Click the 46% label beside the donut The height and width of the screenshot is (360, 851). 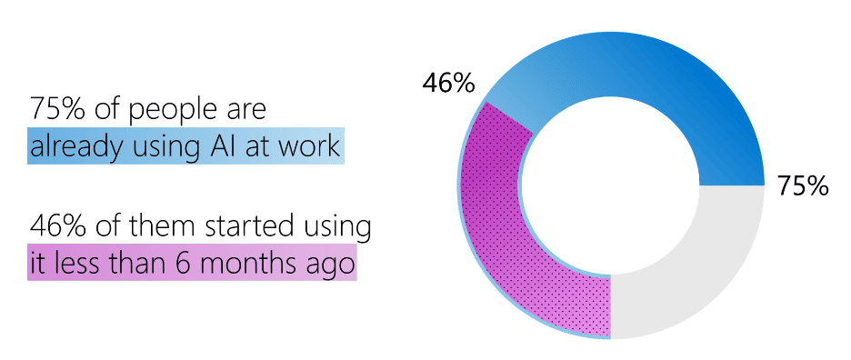click(449, 84)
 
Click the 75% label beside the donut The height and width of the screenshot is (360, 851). click(803, 186)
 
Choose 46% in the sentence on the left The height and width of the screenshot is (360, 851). click(57, 225)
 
